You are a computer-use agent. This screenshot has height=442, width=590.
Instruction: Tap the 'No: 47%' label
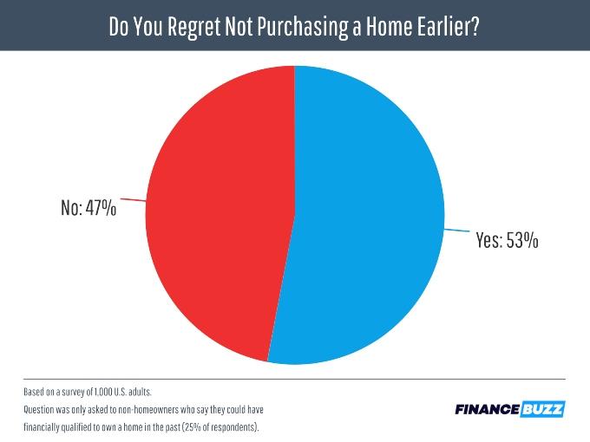coord(88,207)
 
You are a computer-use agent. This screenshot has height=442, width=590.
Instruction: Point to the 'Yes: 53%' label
coord(508,240)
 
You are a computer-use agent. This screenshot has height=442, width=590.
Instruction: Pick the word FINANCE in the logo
coord(488,409)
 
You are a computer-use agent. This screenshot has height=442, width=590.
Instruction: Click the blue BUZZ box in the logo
coord(542,409)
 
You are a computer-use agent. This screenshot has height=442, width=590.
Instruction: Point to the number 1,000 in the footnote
coord(103,392)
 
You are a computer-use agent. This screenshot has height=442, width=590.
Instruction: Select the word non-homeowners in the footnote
coord(148,409)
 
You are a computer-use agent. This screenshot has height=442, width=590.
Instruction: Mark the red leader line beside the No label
coord(133,200)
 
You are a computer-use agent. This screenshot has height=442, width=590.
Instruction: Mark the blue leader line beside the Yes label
coord(456,230)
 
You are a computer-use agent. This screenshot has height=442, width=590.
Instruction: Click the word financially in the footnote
coord(42,428)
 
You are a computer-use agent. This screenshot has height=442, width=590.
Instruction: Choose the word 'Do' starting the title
coord(119,26)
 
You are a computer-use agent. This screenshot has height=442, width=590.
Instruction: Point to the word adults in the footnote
coord(140,392)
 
